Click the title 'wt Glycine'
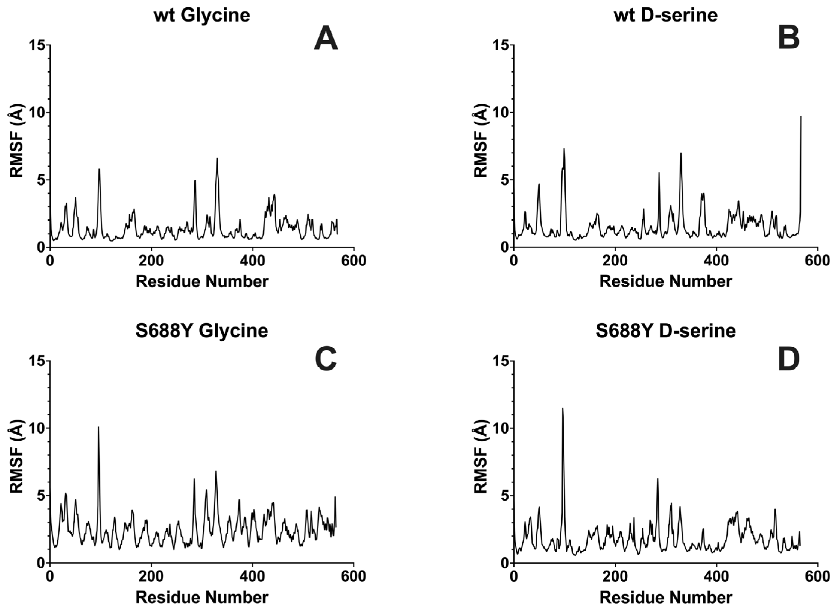pyautogui.click(x=202, y=16)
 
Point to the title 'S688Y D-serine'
pyautogui.click(x=666, y=331)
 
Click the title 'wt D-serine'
pyautogui.click(x=666, y=16)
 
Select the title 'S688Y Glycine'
pyautogui.click(x=202, y=331)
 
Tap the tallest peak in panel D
pyautogui.click(x=563, y=409)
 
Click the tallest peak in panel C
pyautogui.click(x=98, y=428)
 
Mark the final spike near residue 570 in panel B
pyautogui.click(x=801, y=116)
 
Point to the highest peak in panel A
pyautogui.click(x=217, y=159)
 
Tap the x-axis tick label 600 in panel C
pyautogui.click(x=354, y=576)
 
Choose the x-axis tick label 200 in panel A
pyautogui.click(x=151, y=261)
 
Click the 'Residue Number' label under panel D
pyautogui.click(x=666, y=597)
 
